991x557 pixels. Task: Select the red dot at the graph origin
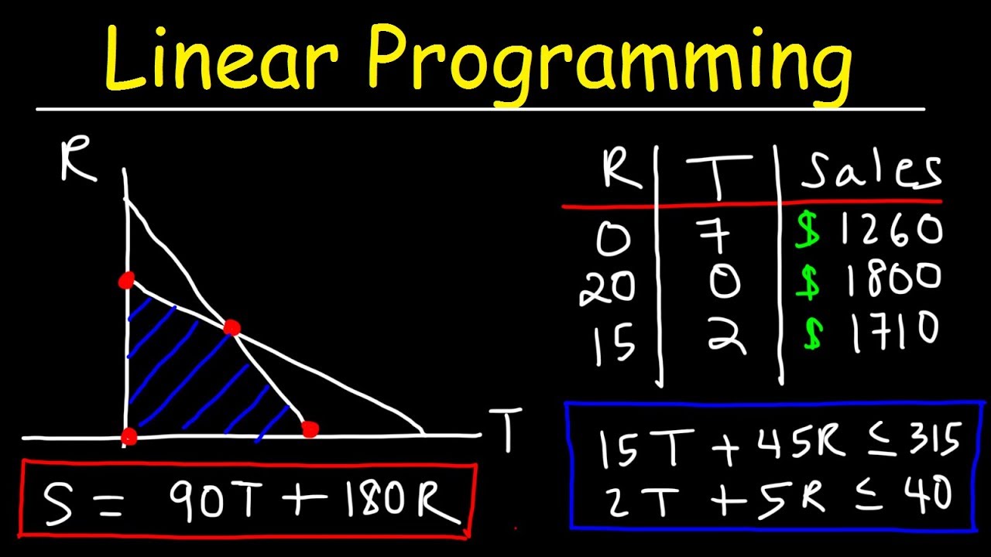[x=129, y=437]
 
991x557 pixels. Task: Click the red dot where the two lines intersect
[x=231, y=328]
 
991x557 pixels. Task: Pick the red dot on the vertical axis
[x=126, y=280]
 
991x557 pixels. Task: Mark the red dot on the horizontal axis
[x=310, y=429]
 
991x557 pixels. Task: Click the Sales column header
[x=871, y=171]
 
